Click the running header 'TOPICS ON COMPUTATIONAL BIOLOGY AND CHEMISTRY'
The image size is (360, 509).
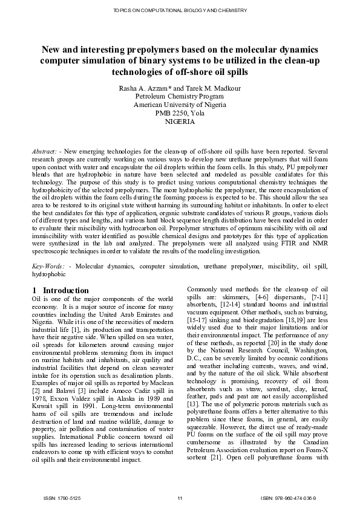coord(180,11)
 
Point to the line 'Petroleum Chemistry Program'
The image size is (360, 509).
coord(180,97)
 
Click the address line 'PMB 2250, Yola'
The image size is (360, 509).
coord(180,113)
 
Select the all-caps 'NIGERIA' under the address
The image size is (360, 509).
coord(180,121)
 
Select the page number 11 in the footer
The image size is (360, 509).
coord(180,498)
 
